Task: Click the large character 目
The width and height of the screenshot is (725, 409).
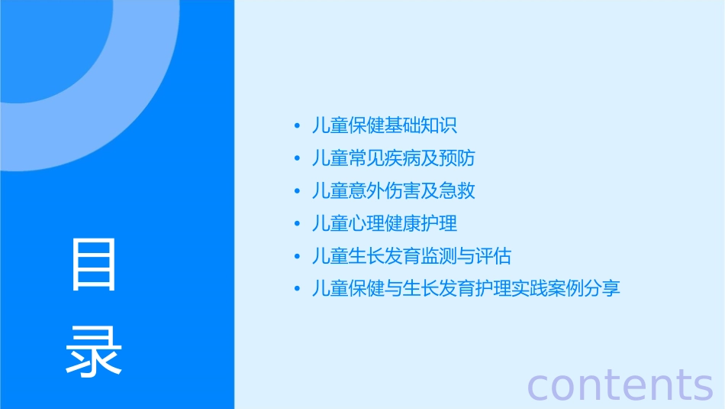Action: tap(94, 265)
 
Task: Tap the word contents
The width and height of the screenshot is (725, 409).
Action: tap(620, 385)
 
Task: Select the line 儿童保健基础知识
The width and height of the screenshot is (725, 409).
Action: tap(385, 125)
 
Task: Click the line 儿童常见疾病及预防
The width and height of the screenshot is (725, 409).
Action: tap(394, 158)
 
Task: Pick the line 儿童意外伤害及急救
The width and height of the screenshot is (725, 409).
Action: tap(394, 190)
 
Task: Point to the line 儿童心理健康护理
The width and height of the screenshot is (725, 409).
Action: tap(385, 223)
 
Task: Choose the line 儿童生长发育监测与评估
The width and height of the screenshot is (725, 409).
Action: tap(412, 255)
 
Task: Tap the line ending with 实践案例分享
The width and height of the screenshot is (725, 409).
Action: tap(466, 288)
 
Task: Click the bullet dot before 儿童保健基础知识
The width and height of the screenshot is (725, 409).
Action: tap(296, 126)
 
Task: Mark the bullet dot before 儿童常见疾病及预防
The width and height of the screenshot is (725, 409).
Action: tap(296, 159)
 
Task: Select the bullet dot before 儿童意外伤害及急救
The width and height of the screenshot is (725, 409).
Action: tap(296, 191)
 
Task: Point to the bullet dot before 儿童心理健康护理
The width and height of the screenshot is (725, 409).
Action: tap(296, 224)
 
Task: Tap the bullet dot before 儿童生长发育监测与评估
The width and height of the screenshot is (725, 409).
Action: tap(296, 256)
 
